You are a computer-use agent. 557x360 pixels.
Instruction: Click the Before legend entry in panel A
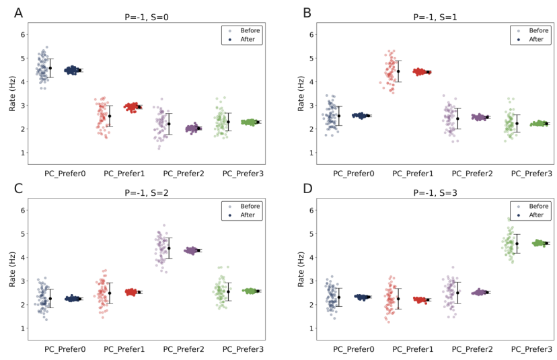click(x=245, y=30)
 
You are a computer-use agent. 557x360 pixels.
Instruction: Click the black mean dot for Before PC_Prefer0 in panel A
click(x=50, y=68)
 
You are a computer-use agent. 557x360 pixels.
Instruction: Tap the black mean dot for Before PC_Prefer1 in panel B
click(x=398, y=71)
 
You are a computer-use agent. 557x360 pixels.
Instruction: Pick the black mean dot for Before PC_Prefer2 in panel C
click(x=169, y=248)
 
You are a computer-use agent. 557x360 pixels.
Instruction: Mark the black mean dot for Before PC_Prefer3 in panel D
click(x=517, y=244)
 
